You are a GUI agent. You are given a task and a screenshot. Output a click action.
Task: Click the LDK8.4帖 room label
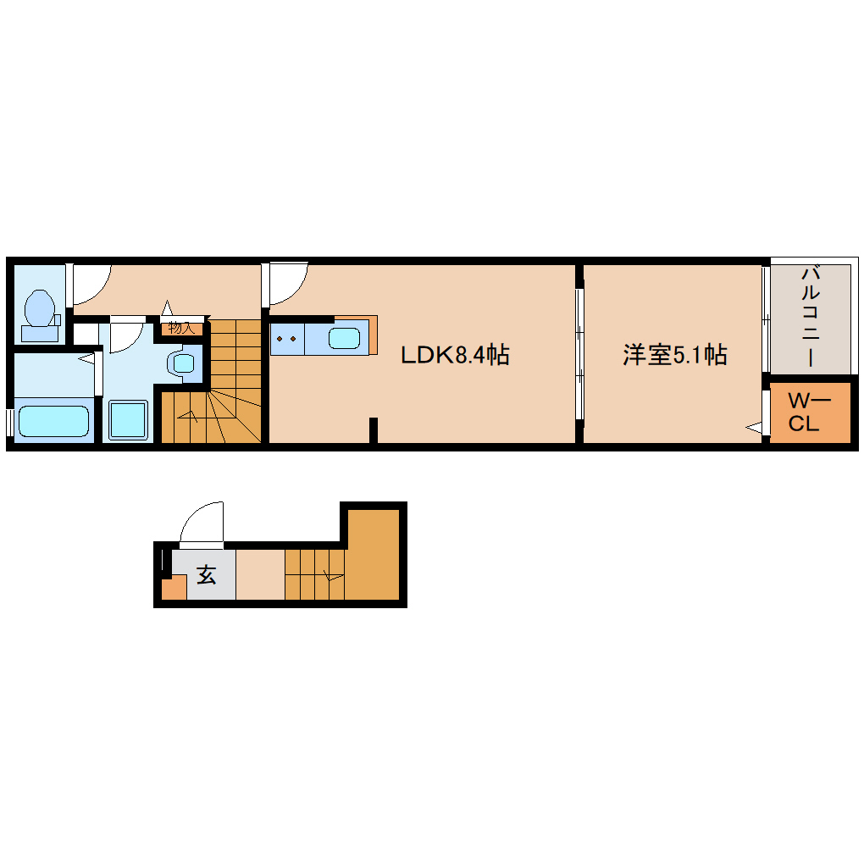(455, 355)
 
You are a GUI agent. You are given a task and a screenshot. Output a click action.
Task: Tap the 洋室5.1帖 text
(675, 355)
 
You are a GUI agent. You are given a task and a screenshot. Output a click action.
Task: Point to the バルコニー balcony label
(810, 316)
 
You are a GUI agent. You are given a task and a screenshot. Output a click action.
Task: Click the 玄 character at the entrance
(207, 575)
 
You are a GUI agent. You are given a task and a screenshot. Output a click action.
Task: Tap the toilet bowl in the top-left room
(40, 308)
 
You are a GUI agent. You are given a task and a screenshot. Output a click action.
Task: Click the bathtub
(53, 421)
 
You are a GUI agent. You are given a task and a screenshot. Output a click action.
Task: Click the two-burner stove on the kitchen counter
(285, 339)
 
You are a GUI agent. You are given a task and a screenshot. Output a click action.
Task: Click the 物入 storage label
(182, 327)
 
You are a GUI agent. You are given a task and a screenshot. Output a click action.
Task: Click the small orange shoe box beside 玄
(174, 587)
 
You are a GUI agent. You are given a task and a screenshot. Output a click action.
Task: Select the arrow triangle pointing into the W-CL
(753, 429)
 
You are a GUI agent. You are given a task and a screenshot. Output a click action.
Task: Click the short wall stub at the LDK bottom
(373, 430)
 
